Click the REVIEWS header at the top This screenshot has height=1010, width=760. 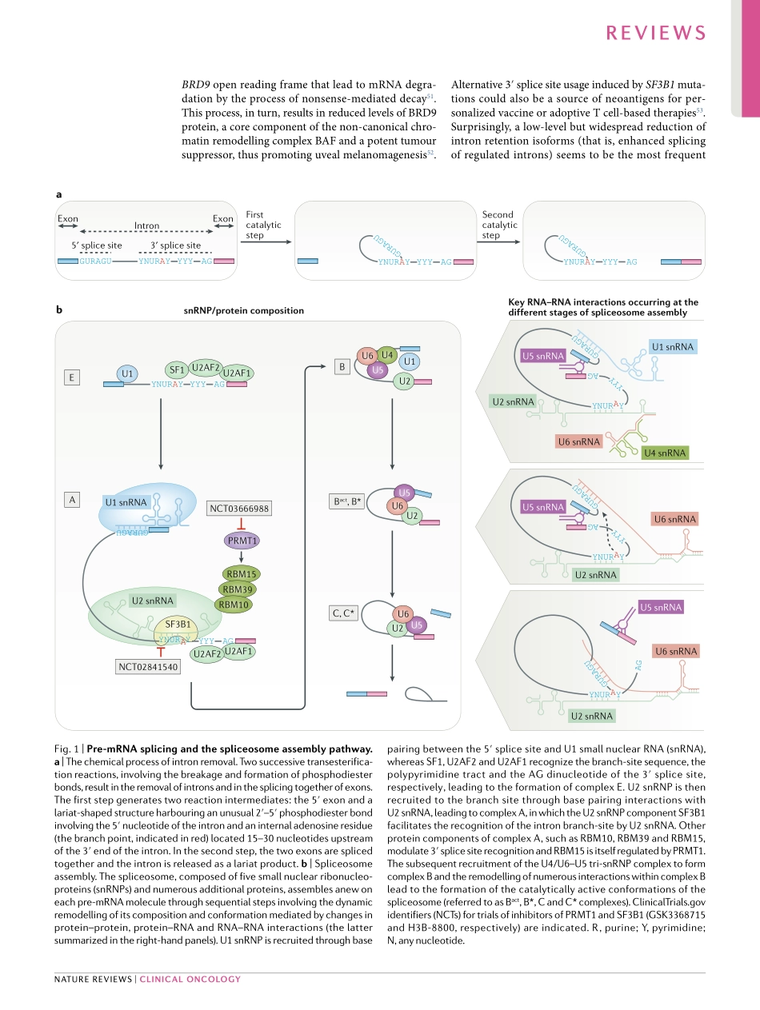656,33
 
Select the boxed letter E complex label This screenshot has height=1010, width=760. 73,377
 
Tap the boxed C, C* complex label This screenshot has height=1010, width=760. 342,613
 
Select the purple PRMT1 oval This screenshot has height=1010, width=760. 241,541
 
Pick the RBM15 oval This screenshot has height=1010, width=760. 241,573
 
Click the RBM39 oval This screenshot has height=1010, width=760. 238,589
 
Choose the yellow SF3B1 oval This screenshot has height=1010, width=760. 177,624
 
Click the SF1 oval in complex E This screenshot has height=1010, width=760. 177,369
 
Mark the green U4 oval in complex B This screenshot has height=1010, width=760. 387,354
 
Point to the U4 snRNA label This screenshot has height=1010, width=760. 665,453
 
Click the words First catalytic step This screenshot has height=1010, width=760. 264,225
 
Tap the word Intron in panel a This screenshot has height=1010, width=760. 146,226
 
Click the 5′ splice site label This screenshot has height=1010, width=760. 97,246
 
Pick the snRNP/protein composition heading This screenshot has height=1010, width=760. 243,310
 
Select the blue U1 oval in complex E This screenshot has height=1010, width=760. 126,373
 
